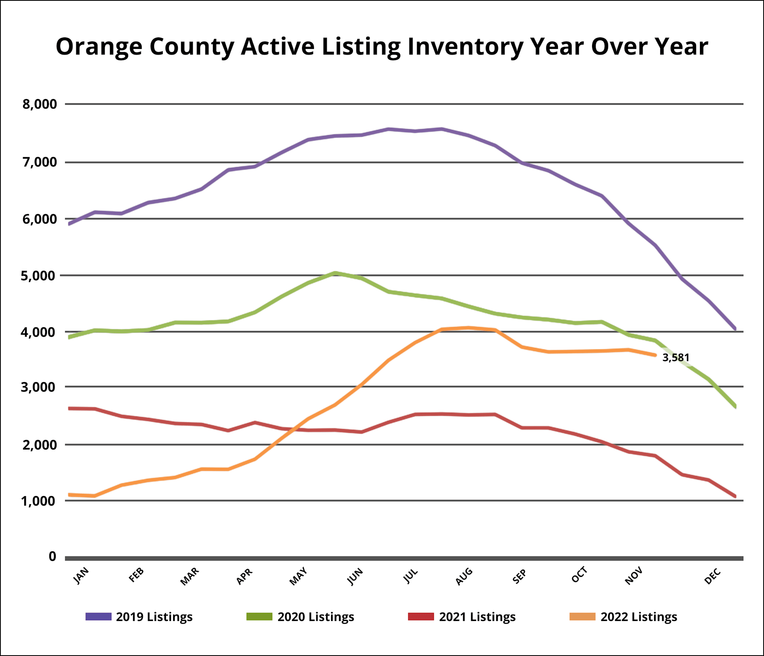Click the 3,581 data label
(x=676, y=358)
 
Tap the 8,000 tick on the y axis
(x=39, y=104)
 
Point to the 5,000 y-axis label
(x=39, y=275)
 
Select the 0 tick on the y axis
(x=52, y=557)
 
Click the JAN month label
(x=81, y=576)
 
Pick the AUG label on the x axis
(x=464, y=576)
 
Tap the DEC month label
(x=713, y=576)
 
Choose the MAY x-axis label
(x=298, y=576)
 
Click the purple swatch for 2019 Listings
(x=98, y=617)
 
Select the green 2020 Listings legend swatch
(x=259, y=617)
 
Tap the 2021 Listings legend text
(x=477, y=617)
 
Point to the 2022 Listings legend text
(x=639, y=617)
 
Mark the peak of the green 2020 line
(x=335, y=273)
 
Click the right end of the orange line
(x=655, y=355)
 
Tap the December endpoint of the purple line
(x=735, y=329)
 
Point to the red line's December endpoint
(x=735, y=496)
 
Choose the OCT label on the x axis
(x=579, y=575)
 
